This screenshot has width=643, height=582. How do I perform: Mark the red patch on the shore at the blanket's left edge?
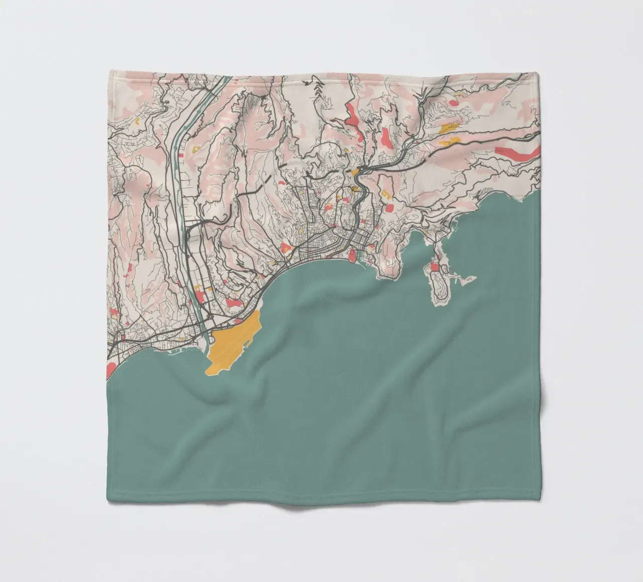111,370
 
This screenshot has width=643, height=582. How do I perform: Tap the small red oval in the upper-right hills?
454,103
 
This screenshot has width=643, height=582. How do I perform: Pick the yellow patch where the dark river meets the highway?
356,173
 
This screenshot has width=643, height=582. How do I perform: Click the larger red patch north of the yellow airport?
233,303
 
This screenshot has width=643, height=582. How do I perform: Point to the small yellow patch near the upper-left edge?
137,121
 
